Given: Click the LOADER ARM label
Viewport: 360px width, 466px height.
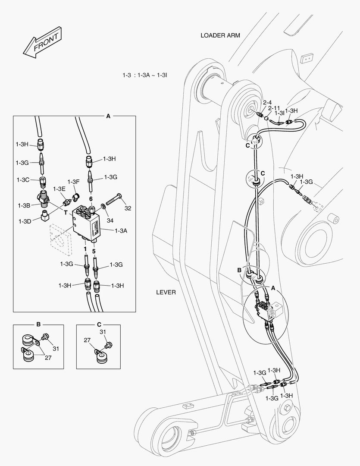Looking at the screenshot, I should (220, 35).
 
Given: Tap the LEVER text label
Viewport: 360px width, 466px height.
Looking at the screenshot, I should (166, 292).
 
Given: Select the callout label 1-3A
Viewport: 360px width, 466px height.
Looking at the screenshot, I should (121, 231).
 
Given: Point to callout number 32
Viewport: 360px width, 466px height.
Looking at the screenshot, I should (128, 208).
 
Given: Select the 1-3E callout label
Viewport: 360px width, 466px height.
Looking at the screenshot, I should (59, 189).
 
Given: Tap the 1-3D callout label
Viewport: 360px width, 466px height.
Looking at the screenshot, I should (25, 221).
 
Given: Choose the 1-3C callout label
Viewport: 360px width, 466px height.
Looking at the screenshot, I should (23, 179).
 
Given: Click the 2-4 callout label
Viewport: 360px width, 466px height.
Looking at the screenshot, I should (267, 102).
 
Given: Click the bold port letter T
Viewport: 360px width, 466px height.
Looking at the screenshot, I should (66, 213).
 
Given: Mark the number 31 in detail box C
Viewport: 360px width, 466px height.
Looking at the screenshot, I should (103, 332).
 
